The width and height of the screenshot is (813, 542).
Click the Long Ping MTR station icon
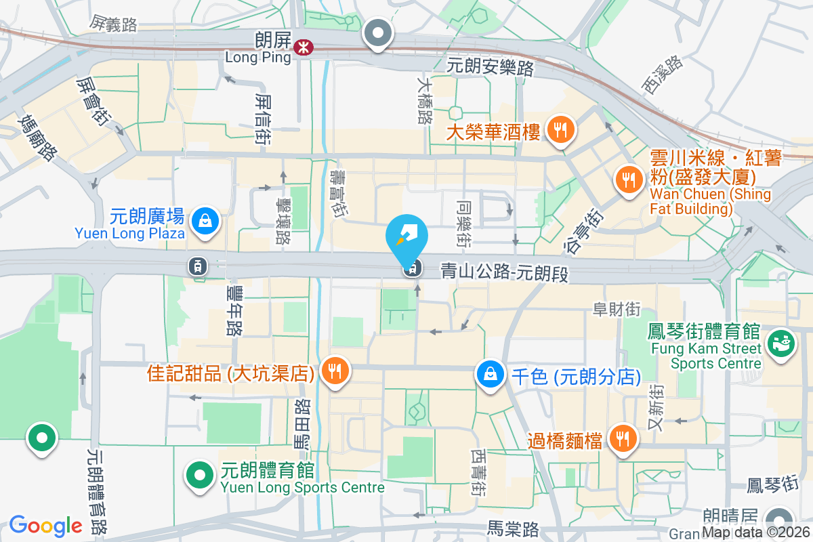point(303,47)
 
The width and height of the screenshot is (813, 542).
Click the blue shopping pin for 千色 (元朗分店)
point(488,373)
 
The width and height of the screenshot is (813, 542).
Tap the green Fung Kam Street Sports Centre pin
point(780,342)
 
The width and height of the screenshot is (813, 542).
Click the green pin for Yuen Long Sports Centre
point(199,475)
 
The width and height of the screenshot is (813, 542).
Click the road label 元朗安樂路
point(491,67)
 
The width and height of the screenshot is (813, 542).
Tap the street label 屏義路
point(113,24)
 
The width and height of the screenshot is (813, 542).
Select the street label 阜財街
point(616,309)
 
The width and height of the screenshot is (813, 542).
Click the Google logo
point(45,525)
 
